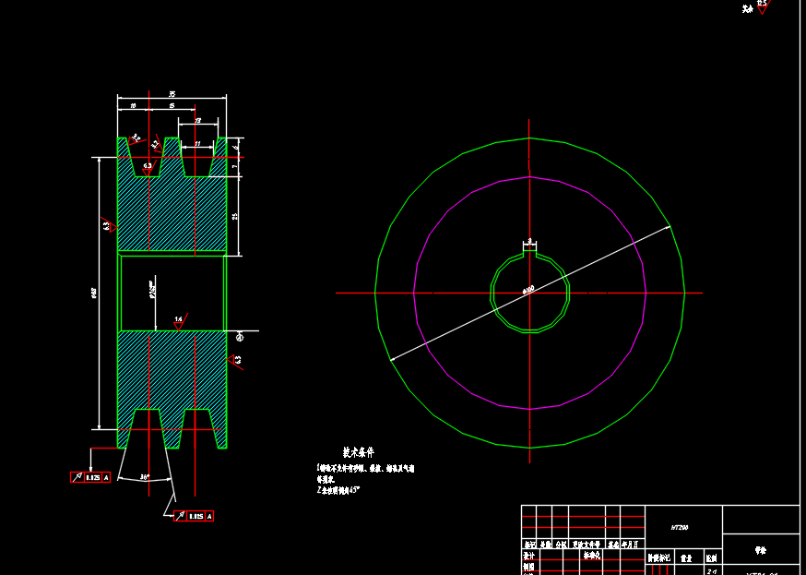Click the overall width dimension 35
[x=172, y=94]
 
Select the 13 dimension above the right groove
[x=198, y=121]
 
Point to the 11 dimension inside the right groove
[x=196, y=144]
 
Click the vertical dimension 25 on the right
[x=235, y=216]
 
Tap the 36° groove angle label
[x=146, y=477]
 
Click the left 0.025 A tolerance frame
[x=90, y=477]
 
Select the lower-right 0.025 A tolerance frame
[x=195, y=516]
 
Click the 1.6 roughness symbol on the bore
[x=179, y=320]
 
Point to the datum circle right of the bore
[x=238, y=335]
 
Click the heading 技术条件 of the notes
[x=359, y=453]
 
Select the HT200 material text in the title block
[x=680, y=527]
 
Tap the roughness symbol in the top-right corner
[x=761, y=6]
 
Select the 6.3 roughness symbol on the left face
[x=107, y=224]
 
